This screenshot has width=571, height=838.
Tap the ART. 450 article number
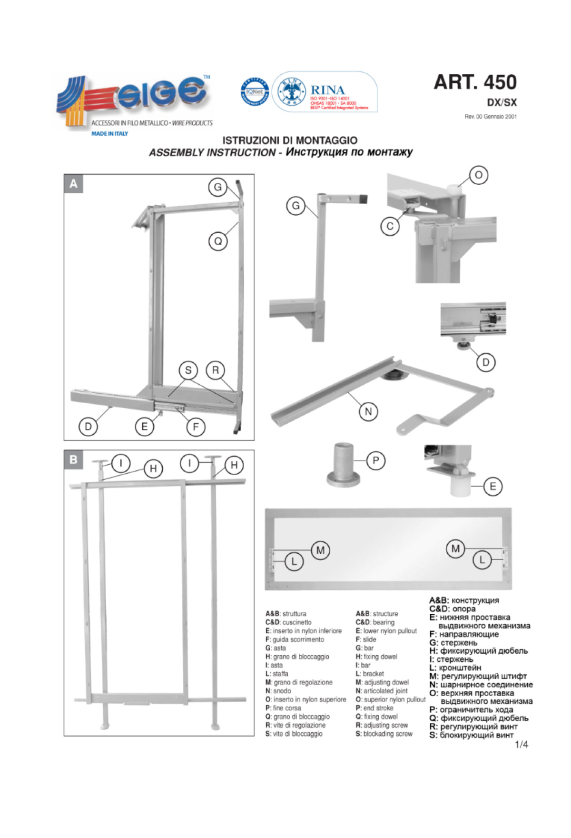[475, 82]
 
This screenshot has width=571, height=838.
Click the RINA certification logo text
[327, 90]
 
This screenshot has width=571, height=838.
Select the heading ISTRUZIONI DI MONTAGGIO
[290, 140]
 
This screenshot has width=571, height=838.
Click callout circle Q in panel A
[218, 241]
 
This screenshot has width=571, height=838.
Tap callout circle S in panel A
[188, 370]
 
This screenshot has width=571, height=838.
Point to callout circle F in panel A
[196, 427]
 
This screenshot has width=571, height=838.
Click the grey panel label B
[73, 459]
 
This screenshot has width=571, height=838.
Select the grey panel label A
[73, 183]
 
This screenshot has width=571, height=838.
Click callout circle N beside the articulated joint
[368, 411]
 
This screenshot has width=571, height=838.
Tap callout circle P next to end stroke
[376, 460]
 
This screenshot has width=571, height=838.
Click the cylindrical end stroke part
[343, 464]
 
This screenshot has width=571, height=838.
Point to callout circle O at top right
[479, 175]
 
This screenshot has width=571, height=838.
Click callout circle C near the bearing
[390, 226]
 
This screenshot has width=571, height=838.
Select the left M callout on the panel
[321, 550]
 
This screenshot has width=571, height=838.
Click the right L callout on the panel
[482, 560]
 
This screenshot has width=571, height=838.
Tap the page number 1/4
[522, 745]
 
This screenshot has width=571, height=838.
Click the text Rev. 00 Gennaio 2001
[491, 117]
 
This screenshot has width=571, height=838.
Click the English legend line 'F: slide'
[366, 639]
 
